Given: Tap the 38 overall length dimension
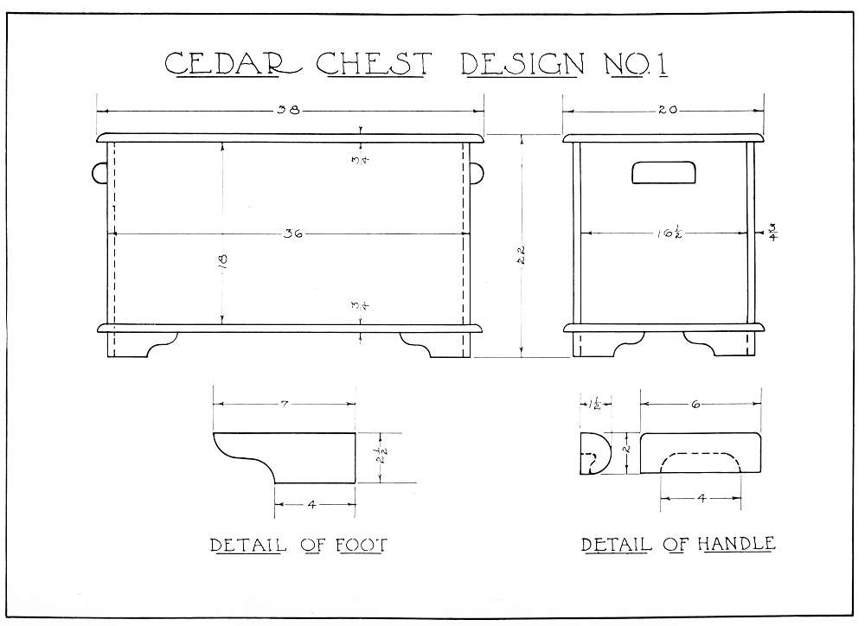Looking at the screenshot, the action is pyautogui.click(x=289, y=111).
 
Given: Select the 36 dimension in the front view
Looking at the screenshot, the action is pyautogui.click(x=293, y=233).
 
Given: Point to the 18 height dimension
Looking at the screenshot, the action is pyautogui.click(x=223, y=259).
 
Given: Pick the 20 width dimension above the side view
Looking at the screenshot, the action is pyautogui.click(x=668, y=111).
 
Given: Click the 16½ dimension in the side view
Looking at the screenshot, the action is pyautogui.click(x=670, y=233).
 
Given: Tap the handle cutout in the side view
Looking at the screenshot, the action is pyautogui.click(x=663, y=172).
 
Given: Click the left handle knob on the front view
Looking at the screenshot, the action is pyautogui.click(x=99, y=173).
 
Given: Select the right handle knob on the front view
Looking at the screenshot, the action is pyautogui.click(x=477, y=173).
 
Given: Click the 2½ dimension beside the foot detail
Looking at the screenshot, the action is pyautogui.click(x=382, y=457).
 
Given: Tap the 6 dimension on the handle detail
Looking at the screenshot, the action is pyautogui.click(x=695, y=405).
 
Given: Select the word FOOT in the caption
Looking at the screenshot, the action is pyautogui.click(x=362, y=545).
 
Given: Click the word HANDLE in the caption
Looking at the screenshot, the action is pyautogui.click(x=736, y=544).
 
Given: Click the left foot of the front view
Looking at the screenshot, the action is pyautogui.click(x=142, y=345).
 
